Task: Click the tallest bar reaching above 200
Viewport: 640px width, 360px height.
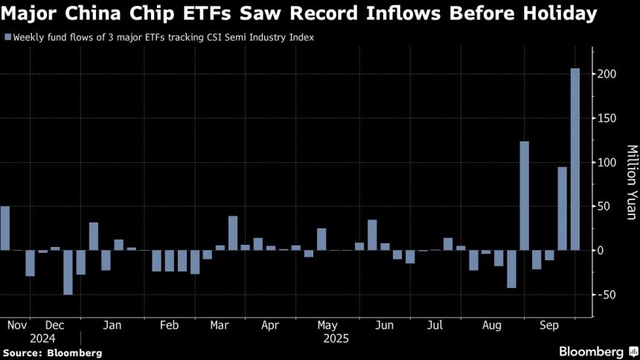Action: [575, 159]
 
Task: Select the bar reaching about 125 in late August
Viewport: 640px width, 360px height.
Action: [524, 196]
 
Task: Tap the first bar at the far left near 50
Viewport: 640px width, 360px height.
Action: [5, 228]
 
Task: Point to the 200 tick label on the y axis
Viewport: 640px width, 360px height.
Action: [607, 74]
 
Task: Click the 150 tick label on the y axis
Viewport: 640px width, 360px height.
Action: [607, 118]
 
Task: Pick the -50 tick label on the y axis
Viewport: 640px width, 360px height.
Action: [607, 295]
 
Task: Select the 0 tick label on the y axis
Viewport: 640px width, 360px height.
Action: [600, 251]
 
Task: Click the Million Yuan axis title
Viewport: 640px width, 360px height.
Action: [630, 182]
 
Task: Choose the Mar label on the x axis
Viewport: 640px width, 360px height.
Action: [220, 325]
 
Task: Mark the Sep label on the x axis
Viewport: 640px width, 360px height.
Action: [550, 325]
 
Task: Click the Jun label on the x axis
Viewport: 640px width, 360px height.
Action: [385, 325]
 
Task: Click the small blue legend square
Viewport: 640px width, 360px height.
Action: [7, 36]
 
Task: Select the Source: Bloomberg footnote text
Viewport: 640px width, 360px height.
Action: [52, 353]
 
